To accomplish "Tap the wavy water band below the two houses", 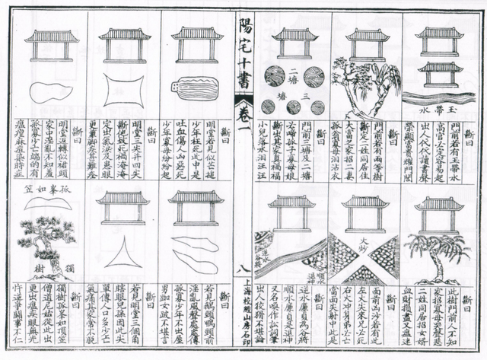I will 440,97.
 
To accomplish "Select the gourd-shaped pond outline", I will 50,91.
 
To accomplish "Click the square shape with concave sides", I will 123,90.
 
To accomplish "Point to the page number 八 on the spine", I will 244,268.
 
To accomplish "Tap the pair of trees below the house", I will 366,86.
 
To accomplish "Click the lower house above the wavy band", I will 440,74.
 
